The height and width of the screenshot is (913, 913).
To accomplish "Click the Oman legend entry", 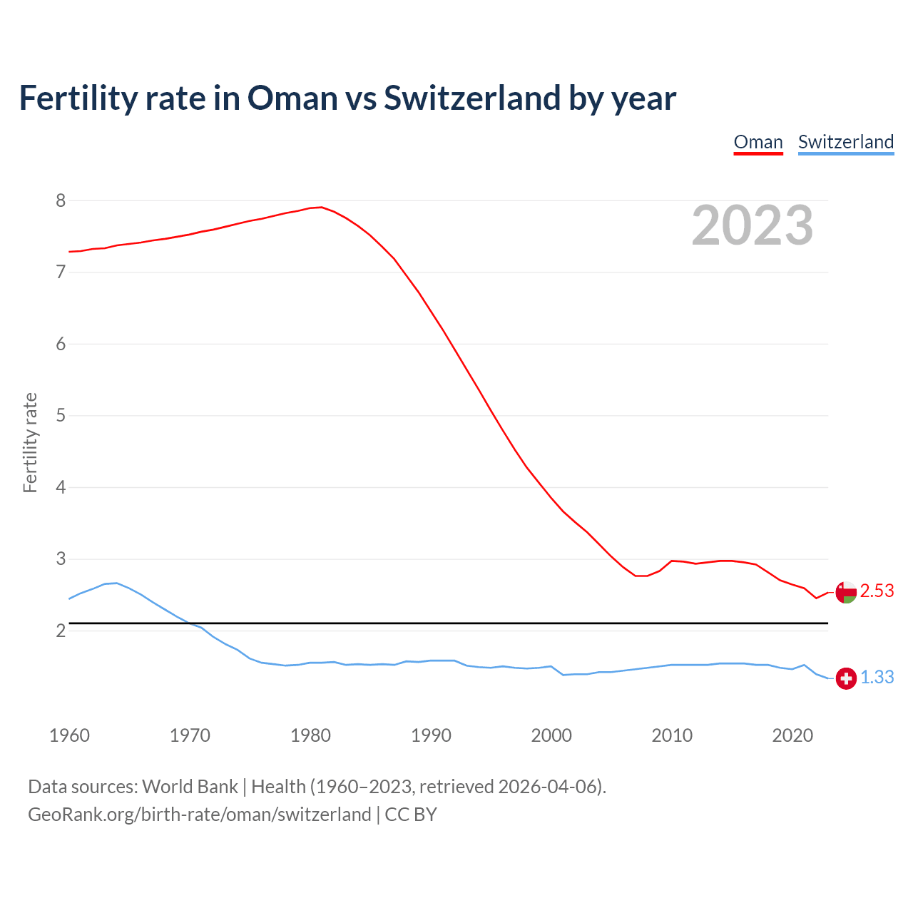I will [x=758, y=142].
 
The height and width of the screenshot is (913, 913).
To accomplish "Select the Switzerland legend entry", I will [x=845, y=142].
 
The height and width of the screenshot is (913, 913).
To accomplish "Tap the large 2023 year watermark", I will [x=753, y=225].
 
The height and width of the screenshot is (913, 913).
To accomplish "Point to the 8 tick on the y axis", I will [x=61, y=200].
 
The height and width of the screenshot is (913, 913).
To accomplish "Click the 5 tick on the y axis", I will [x=61, y=415].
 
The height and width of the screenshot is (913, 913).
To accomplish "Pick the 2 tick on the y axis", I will [x=61, y=631].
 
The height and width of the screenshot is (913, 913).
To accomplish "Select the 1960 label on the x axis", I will [x=69, y=735].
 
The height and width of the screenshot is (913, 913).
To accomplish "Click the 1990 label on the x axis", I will [x=431, y=735].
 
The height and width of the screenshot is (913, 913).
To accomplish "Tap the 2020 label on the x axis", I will [x=792, y=735].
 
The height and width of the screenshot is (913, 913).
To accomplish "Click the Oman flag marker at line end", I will [x=846, y=592].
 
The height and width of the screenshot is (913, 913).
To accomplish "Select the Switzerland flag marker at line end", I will [x=846, y=678].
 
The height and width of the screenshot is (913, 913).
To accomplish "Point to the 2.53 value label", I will [x=877, y=591].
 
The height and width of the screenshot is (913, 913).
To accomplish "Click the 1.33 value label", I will [x=877, y=678].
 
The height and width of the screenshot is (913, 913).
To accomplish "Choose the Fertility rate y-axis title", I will [x=30, y=442].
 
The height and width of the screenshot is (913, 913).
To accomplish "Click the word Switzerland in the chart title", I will [x=471, y=98].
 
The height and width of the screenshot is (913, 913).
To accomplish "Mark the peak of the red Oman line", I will [x=321, y=207].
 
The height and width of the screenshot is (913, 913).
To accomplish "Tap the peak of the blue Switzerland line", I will [x=116, y=583].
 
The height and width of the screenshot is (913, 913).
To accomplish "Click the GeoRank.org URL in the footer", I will [x=200, y=815].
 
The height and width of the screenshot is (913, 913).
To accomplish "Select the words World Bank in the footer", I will [x=190, y=787].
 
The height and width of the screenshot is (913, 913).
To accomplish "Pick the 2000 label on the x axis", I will [x=551, y=735].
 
